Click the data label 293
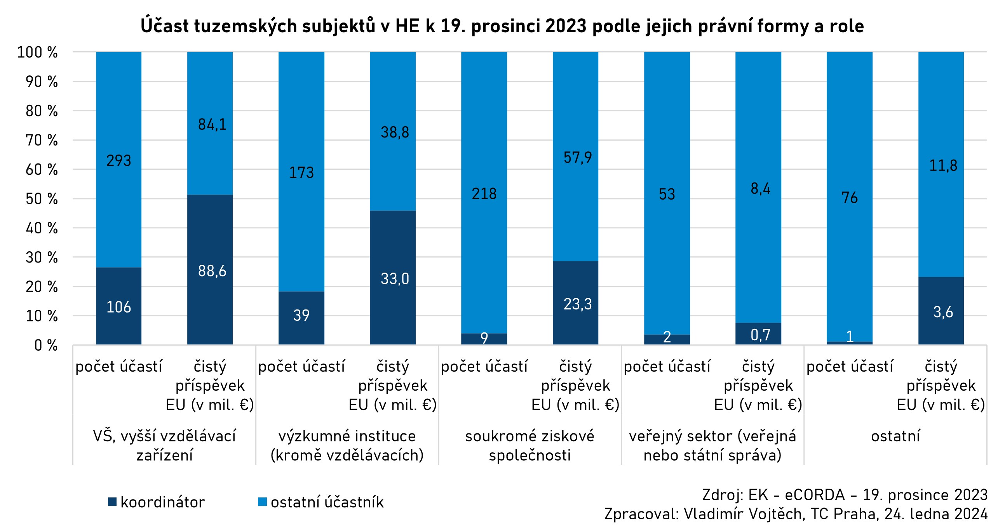(118, 161)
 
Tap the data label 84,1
(212, 125)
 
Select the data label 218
(484, 194)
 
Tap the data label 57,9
(577, 158)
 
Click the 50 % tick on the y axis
(41, 199)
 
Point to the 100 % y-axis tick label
(37, 52)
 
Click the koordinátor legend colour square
(112, 502)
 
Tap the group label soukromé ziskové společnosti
(529, 445)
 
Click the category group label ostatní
(895, 436)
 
